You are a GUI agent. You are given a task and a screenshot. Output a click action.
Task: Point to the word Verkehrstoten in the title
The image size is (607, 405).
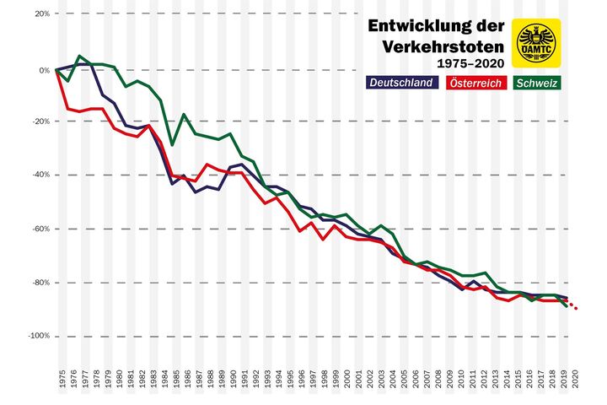tap(441, 46)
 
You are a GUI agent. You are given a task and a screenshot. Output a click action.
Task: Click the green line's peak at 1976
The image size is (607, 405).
tap(79, 57)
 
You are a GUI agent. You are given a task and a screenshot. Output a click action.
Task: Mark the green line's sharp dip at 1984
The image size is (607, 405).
tap(173, 144)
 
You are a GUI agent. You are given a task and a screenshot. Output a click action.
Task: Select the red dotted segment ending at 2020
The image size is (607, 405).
tap(572, 305)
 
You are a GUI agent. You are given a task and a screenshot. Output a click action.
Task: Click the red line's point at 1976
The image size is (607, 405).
tap(68, 109)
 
